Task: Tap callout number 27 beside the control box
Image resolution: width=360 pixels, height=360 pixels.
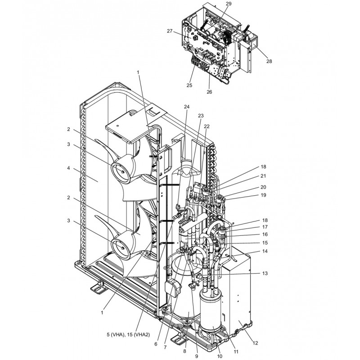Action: coord(170,31)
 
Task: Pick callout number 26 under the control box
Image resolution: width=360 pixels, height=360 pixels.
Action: coord(209,92)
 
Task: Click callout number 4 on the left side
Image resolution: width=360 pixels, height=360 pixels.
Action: coord(68,168)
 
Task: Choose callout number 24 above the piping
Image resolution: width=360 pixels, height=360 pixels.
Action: coord(187,107)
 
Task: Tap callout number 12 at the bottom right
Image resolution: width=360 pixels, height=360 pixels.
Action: coord(255,343)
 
